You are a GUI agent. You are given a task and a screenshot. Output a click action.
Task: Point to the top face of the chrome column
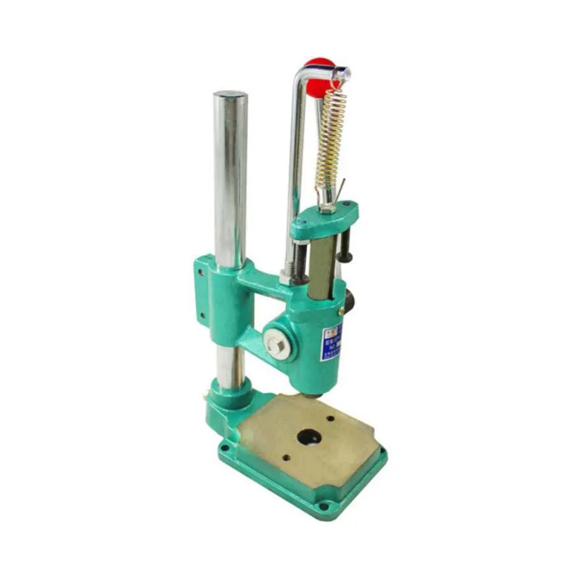click(230, 95)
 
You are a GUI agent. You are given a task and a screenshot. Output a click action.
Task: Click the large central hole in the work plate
click(309, 437)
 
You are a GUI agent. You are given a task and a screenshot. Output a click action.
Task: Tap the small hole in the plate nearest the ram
click(330, 418)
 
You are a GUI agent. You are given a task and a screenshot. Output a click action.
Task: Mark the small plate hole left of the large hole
click(286, 457)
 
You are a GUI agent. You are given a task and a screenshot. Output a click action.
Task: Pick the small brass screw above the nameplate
click(341, 311)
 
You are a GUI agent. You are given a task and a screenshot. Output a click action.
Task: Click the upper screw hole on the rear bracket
click(201, 272)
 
